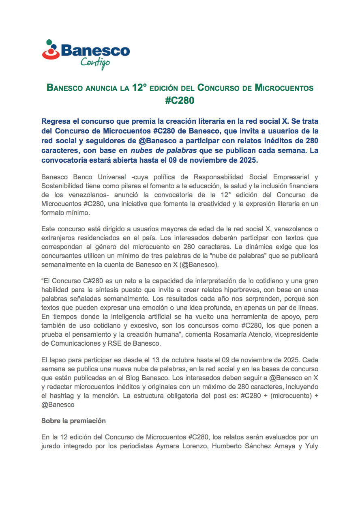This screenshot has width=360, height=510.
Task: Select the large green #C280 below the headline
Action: point(180,101)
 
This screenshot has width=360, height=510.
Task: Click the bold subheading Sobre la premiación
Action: point(73,421)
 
